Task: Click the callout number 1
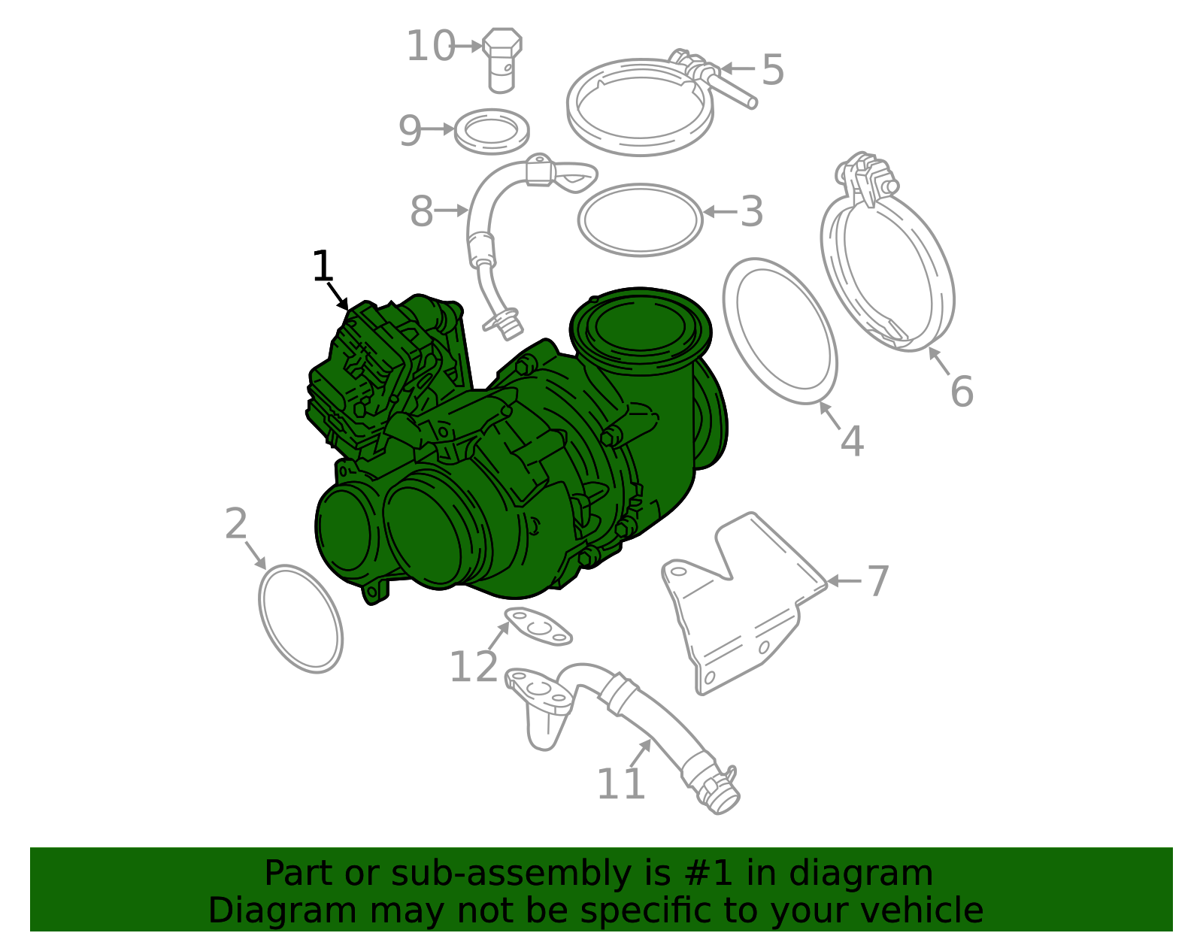coord(322,266)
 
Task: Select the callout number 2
coord(235,524)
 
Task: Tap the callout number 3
coord(751,212)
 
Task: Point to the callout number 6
coord(962,392)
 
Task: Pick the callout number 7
coord(877,581)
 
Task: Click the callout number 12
coord(473,667)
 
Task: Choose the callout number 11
coord(620,784)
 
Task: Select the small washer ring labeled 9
coord(492,131)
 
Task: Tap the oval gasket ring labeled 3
coord(640,220)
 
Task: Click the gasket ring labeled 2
coord(301,618)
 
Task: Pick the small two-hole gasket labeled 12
coord(538,626)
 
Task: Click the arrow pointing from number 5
coord(738,68)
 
